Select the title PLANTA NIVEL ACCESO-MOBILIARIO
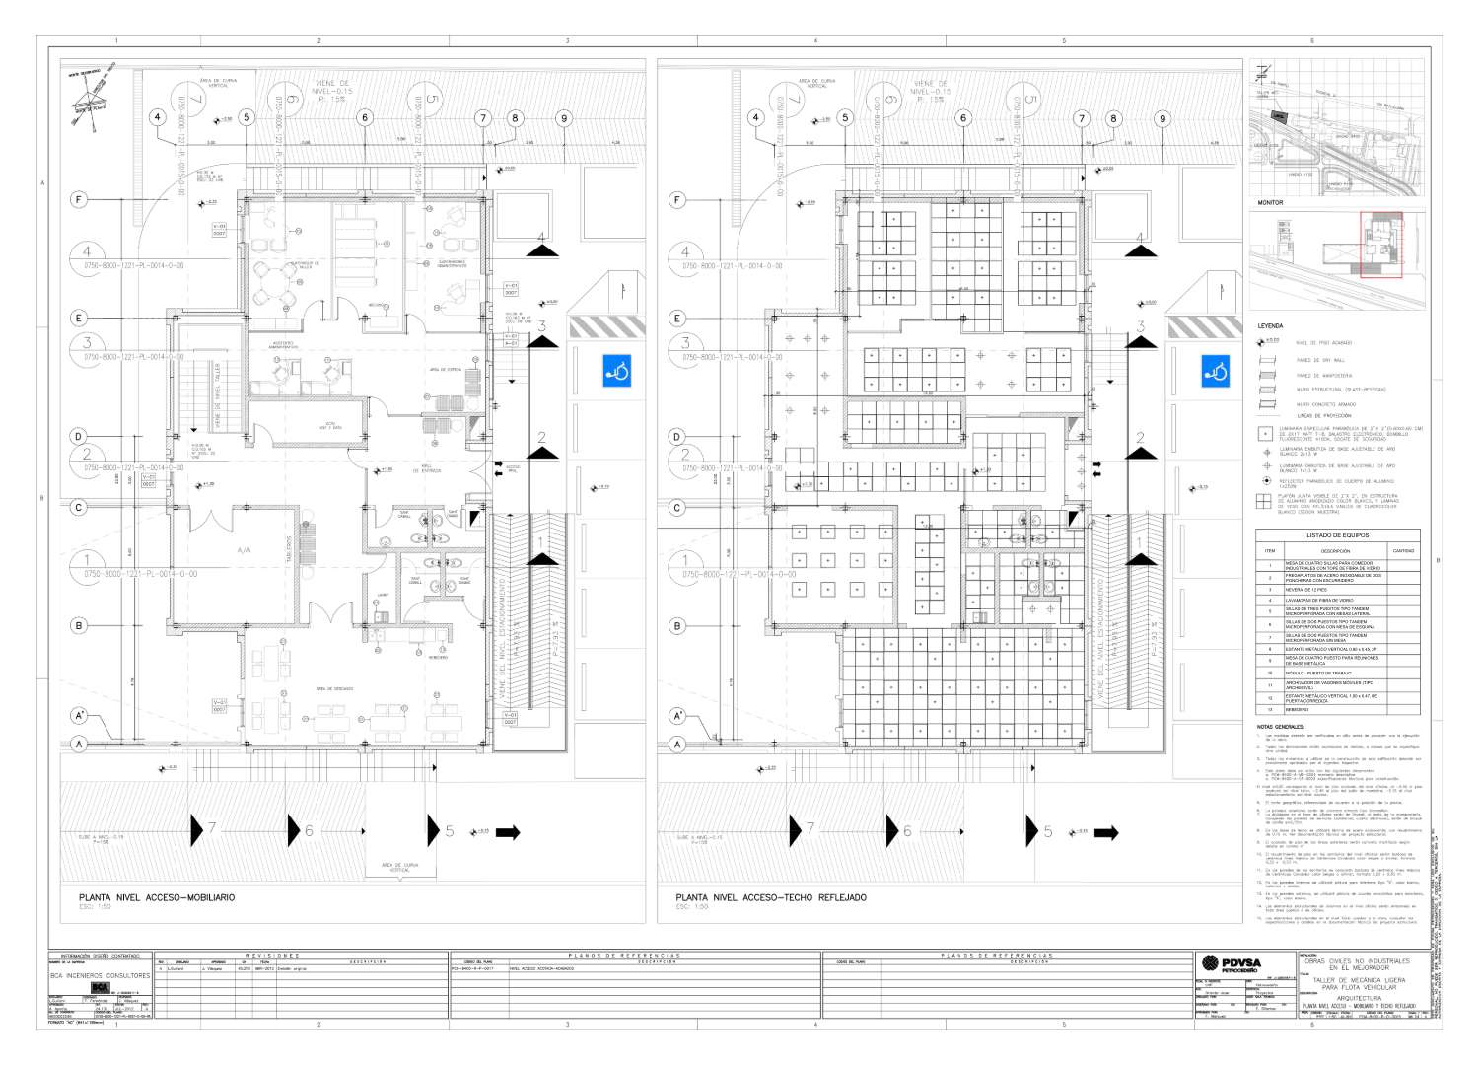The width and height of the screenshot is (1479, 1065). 157,898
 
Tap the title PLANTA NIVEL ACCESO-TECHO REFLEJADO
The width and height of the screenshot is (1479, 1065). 771,898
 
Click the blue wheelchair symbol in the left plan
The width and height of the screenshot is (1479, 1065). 617,371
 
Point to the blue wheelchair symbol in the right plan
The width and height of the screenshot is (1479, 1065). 1216,371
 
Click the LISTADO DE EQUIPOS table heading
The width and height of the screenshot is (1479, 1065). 1337,535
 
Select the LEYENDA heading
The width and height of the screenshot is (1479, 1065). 1270,325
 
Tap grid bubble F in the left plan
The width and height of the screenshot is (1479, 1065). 79,200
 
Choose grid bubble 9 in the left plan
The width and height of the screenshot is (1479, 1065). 564,118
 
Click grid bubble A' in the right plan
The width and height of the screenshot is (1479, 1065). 677,716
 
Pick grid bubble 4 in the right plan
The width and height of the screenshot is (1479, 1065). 756,118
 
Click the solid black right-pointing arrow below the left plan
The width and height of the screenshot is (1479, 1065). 508,833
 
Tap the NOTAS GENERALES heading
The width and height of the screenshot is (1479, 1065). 1280,727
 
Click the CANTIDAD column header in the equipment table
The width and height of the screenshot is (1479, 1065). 1402,551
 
